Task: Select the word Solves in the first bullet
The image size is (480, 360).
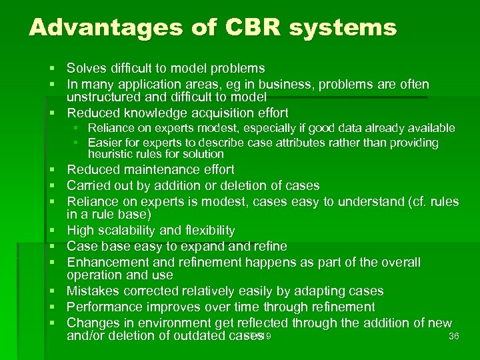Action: pyautogui.click(x=86, y=69)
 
